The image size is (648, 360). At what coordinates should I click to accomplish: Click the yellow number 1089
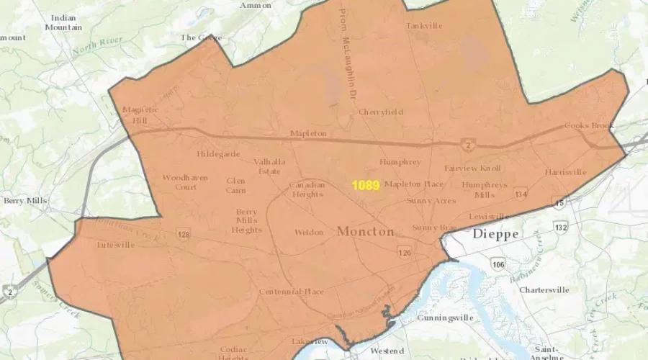[366, 185]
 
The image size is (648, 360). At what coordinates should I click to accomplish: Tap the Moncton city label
[365, 232]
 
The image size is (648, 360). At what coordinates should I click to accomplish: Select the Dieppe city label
[495, 234]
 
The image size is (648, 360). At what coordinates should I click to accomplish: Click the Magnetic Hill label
[140, 114]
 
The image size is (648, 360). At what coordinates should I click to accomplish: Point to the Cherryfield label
[381, 112]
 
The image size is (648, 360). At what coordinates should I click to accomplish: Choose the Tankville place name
[424, 26]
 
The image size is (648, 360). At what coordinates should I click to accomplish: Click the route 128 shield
[183, 235]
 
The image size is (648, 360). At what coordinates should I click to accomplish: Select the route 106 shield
[498, 265]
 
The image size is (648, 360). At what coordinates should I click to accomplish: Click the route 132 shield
[561, 228]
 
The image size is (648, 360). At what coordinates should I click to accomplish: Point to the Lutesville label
[116, 245]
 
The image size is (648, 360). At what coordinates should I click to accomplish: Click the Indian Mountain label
[63, 22]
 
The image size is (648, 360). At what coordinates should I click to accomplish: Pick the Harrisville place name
[565, 173]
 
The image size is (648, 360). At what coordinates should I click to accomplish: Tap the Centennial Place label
[292, 292]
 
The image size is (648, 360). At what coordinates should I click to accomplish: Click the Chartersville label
[544, 290]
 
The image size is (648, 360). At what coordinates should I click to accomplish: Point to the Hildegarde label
[218, 154]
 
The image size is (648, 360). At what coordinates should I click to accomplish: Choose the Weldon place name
[310, 233]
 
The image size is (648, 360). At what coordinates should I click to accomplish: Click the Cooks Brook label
[589, 125]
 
